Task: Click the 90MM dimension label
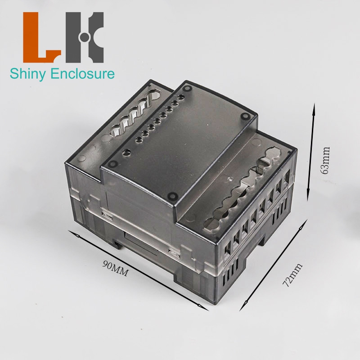coord(115,267)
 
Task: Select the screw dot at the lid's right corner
coord(246,116)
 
